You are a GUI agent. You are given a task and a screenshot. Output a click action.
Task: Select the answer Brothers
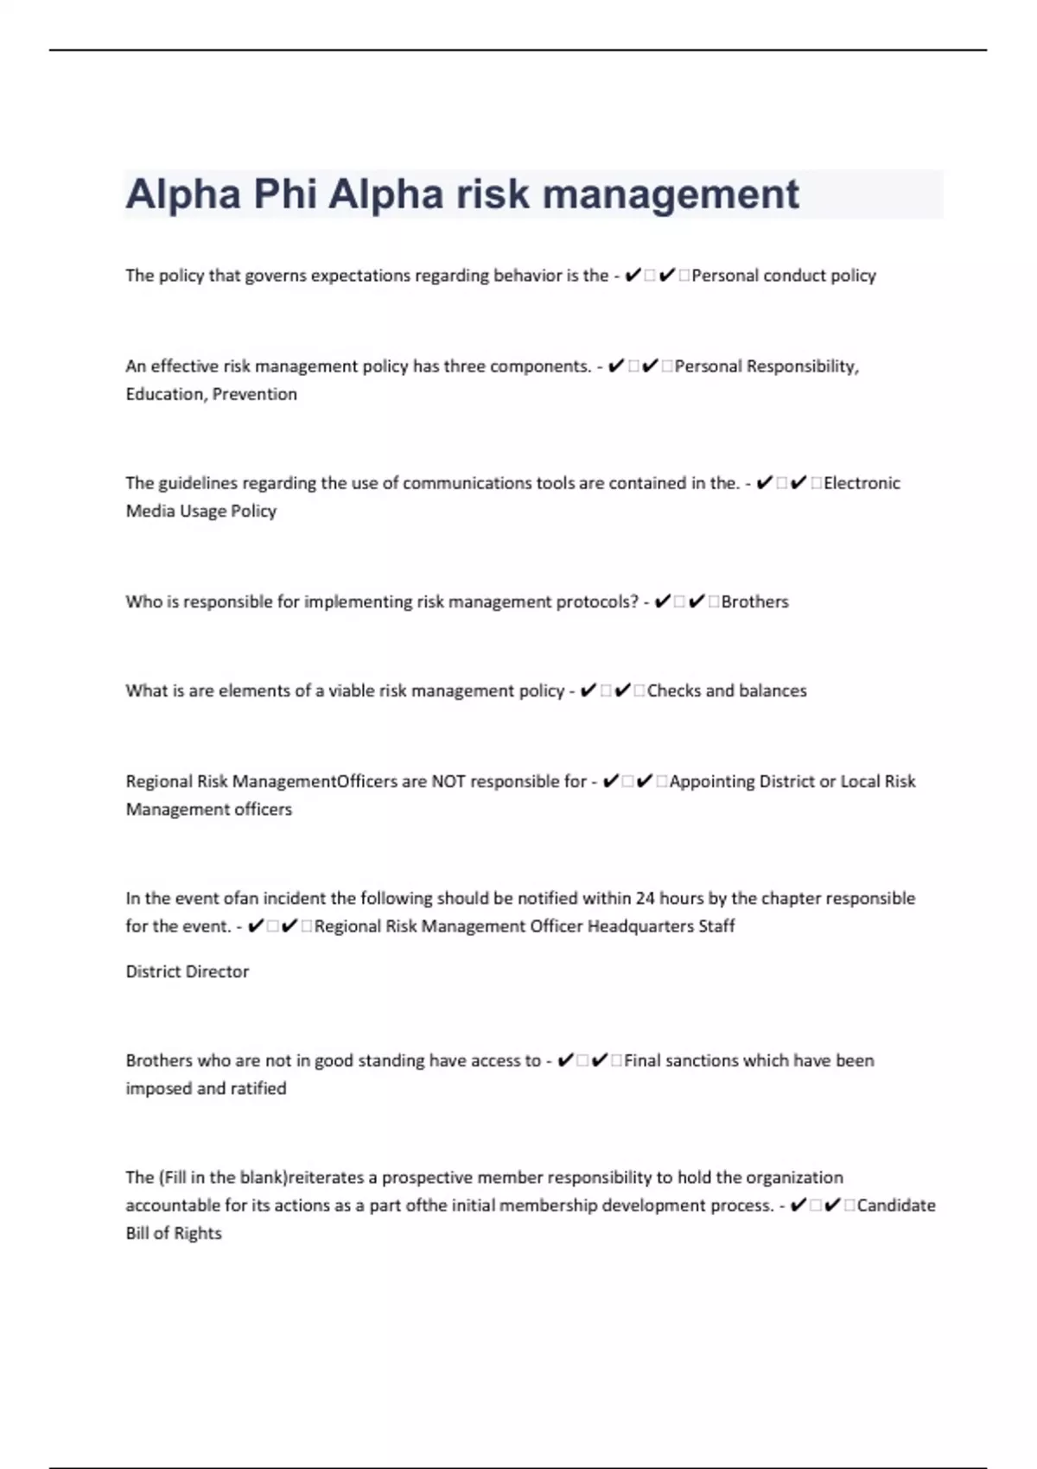754,601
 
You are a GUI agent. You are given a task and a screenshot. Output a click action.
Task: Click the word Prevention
255,394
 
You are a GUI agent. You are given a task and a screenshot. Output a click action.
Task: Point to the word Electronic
862,483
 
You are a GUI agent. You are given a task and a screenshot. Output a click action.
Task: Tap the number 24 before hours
645,898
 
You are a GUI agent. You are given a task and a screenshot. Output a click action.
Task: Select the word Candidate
896,1205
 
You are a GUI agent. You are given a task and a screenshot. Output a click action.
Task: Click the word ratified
258,1088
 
